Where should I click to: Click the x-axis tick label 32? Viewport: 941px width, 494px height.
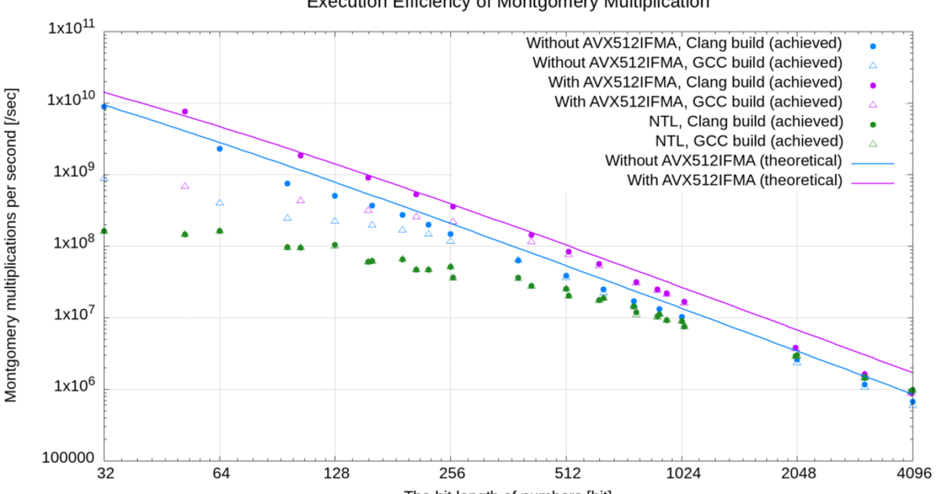[104, 474]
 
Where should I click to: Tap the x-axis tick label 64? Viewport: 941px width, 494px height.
[220, 474]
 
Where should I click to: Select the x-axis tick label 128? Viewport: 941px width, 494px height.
[336, 474]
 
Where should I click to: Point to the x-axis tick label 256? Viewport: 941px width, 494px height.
[451, 474]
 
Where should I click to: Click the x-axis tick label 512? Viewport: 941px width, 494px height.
[566, 474]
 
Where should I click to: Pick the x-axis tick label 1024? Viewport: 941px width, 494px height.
[681, 474]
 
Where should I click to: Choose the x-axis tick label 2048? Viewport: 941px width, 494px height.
[797, 474]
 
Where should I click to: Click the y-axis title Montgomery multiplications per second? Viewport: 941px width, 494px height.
[12, 245]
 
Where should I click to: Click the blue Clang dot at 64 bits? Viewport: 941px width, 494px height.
[220, 148]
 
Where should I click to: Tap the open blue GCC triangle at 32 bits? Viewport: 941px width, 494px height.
[104, 179]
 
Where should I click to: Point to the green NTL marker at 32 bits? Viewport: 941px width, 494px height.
[104, 231]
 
